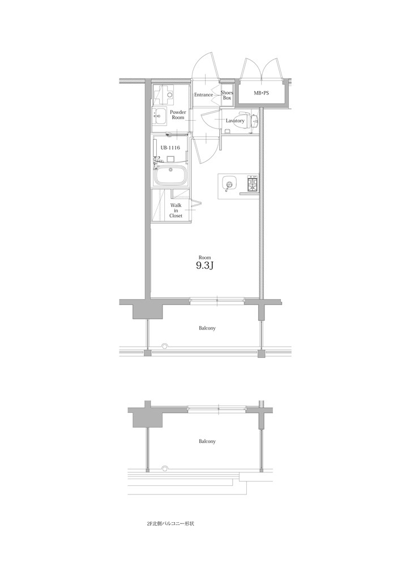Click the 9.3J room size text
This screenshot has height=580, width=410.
[x=204, y=266]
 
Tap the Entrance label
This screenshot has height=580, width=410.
[x=203, y=95]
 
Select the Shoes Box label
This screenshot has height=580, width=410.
[x=227, y=95]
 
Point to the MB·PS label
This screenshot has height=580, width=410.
[x=261, y=92]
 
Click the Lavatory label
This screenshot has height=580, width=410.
[x=235, y=121]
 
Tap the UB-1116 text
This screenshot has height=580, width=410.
[x=170, y=147]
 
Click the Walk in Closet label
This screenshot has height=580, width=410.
[x=176, y=210]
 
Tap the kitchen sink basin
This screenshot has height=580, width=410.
[x=228, y=184]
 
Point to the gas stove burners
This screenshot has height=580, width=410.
[x=253, y=184]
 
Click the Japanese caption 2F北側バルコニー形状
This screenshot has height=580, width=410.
[x=170, y=524]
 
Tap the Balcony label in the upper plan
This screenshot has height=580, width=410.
[x=207, y=328]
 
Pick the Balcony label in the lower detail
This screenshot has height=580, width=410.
[x=207, y=441]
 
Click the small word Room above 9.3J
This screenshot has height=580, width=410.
[x=204, y=257]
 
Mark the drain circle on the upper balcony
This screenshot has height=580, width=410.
[x=165, y=346]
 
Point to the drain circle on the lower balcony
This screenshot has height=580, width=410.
[x=165, y=468]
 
